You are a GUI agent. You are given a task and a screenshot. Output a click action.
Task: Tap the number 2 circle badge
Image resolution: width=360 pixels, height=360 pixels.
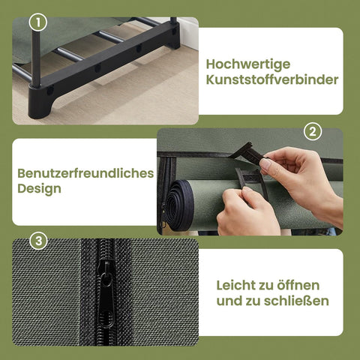(x=311, y=132)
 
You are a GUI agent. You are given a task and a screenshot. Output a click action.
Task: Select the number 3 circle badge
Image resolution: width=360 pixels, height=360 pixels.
(x=39, y=241)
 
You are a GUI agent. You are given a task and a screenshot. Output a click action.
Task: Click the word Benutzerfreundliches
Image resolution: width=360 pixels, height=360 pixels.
(x=85, y=173)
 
